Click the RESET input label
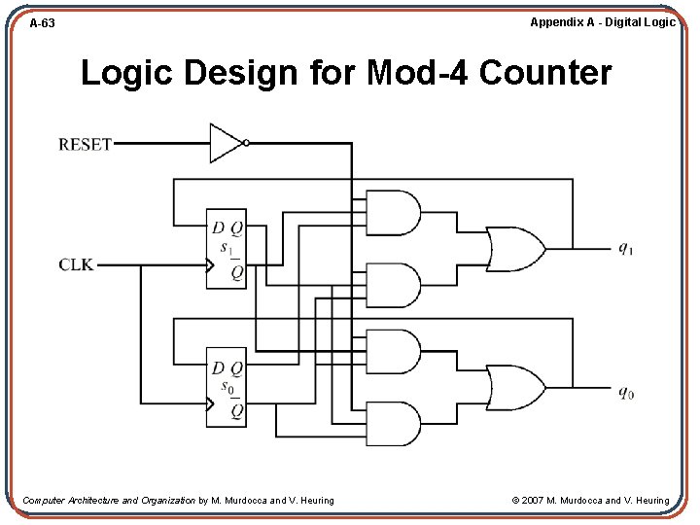pos(86,144)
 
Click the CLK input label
pos(77,264)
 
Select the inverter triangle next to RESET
pos(225,143)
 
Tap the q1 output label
pos(626,248)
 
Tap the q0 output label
pos(626,393)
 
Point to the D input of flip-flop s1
pos(218,228)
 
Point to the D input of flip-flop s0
pos(218,367)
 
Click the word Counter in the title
pos(545,73)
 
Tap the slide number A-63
pos(42,22)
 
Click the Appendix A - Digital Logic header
pos(602,21)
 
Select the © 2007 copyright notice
pos(590,501)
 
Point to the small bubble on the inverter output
pos(246,143)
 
